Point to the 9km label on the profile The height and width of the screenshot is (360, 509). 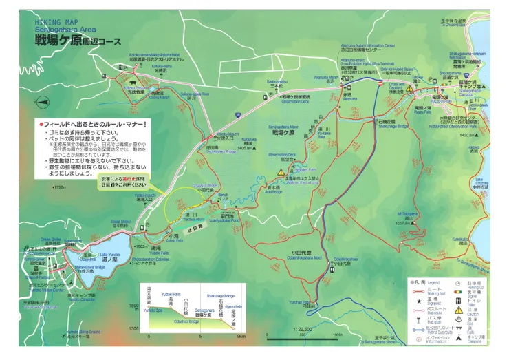(241, 337)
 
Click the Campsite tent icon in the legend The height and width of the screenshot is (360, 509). (459, 337)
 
